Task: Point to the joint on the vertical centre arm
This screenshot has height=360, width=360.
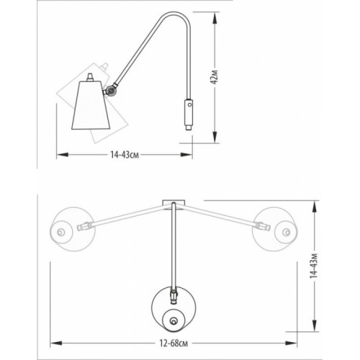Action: tap(174, 295)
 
